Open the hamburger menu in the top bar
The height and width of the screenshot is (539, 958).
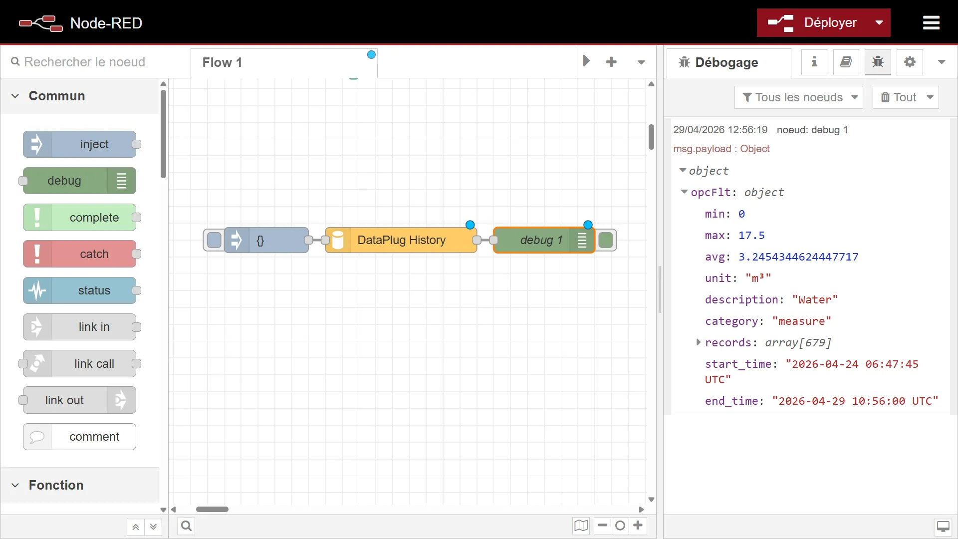click(931, 22)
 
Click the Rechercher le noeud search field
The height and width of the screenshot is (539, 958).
click(85, 62)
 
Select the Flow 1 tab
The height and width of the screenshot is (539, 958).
click(222, 62)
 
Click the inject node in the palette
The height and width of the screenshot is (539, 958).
click(80, 144)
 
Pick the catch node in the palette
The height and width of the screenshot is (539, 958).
click(80, 254)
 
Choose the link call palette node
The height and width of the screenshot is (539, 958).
click(80, 364)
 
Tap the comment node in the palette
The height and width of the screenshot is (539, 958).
click(80, 437)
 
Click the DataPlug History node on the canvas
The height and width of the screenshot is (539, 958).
click(401, 240)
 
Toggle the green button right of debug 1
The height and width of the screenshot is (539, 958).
click(606, 240)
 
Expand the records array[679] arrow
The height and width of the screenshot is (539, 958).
click(699, 342)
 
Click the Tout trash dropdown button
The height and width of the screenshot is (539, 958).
click(906, 97)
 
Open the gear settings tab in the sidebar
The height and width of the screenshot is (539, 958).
click(910, 62)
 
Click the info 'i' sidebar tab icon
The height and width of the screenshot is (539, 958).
click(814, 62)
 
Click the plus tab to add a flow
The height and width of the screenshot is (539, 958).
click(611, 62)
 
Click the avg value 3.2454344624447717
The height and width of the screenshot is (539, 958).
click(798, 257)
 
